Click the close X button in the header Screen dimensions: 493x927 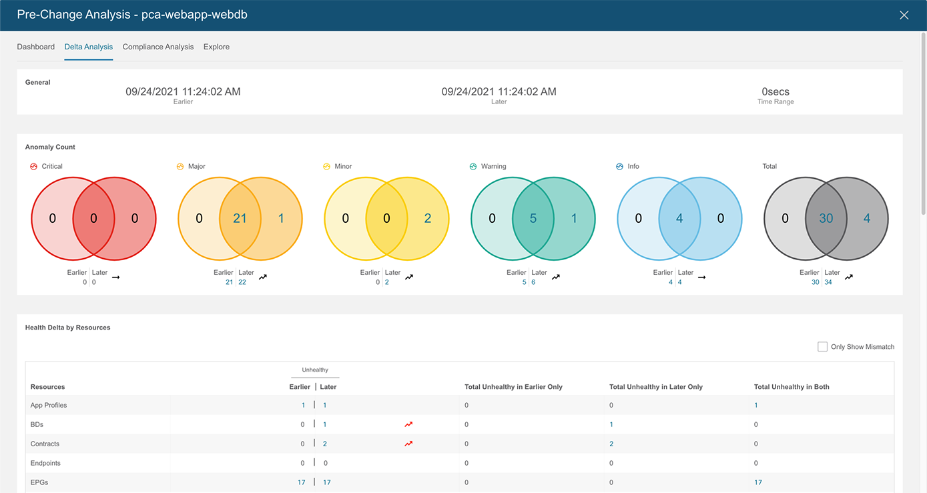tap(904, 15)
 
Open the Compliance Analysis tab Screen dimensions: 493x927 tap(158, 47)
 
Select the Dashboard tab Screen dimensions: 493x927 tap(36, 47)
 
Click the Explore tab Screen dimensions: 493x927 tap(216, 47)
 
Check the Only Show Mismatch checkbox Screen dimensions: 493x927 tap(822, 347)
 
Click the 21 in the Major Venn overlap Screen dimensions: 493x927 tap(240, 218)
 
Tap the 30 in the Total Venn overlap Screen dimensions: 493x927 tap(826, 218)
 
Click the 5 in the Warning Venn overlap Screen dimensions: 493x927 tap(533, 218)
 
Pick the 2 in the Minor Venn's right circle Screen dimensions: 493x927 tap(428, 218)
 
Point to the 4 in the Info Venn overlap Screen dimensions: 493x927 tap(679, 218)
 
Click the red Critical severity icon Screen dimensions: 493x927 tap(34, 167)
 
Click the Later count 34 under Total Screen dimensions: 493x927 tap(828, 282)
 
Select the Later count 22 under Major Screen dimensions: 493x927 tap(242, 282)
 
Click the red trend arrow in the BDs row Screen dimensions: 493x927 tap(408, 424)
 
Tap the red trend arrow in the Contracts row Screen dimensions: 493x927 tap(408, 444)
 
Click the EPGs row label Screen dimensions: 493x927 tap(39, 482)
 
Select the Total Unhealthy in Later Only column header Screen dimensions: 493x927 tap(655, 387)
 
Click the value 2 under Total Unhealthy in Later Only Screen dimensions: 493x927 tap(611, 444)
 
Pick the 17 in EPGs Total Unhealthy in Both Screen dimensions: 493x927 tap(758, 482)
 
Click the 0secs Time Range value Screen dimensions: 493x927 tap(775, 92)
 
